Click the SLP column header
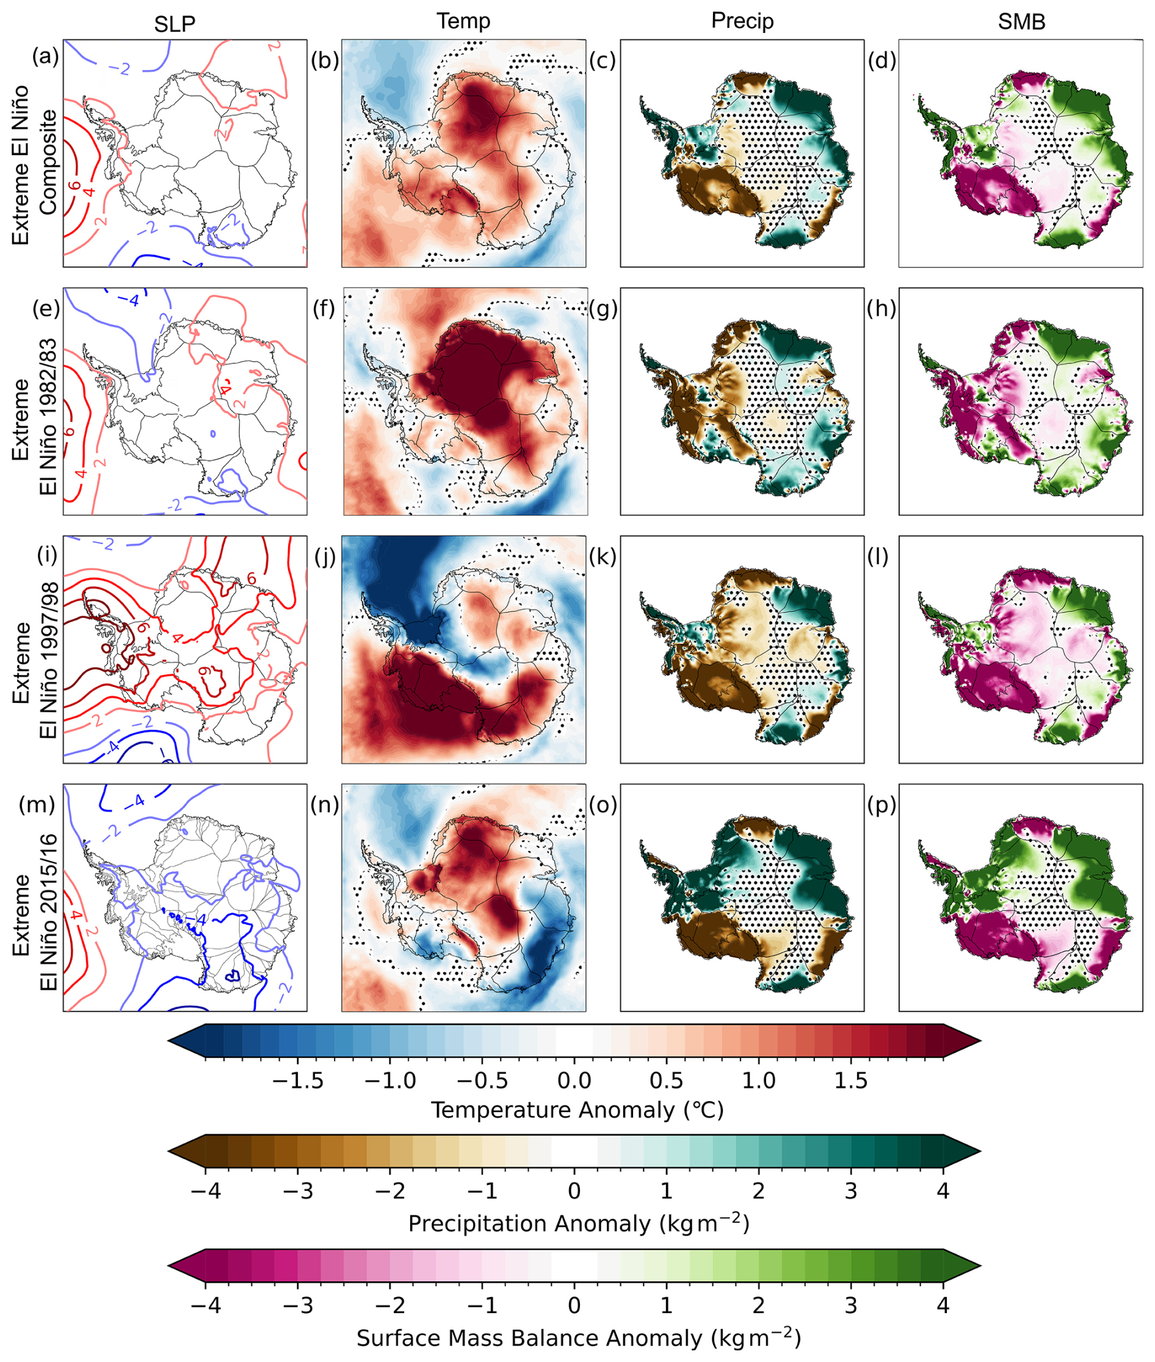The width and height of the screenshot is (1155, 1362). coord(174,24)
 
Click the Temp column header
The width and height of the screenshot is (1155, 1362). coord(463,21)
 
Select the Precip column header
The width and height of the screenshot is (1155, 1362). coord(742,21)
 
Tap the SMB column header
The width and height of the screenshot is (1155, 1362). coord(1021,22)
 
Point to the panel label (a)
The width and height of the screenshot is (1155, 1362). coord(45,57)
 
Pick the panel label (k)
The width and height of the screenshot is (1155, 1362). coord(602,556)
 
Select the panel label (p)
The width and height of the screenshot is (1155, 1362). coord(882,804)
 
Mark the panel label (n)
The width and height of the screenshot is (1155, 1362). coord(324,804)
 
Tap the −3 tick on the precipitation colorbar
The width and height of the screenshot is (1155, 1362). coord(299,1190)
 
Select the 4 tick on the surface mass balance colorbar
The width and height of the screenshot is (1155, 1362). coord(942,1305)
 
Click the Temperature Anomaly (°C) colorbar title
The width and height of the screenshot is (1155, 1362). coord(577,1110)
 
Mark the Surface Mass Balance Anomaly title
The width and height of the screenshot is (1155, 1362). coord(578,1337)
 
